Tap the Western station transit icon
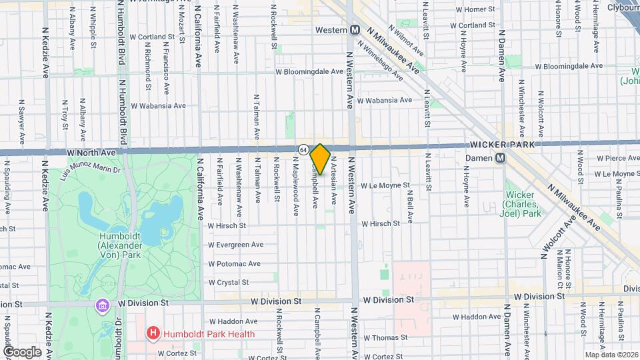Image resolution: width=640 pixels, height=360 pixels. pyautogui.click(x=355, y=30)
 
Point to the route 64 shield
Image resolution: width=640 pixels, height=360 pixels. pyautogui.click(x=303, y=150)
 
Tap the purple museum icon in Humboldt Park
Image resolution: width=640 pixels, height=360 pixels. pyautogui.click(x=101, y=305)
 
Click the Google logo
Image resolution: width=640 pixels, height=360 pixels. pyautogui.click(x=22, y=352)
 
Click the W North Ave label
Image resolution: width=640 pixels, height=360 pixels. pyautogui.click(x=91, y=152)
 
